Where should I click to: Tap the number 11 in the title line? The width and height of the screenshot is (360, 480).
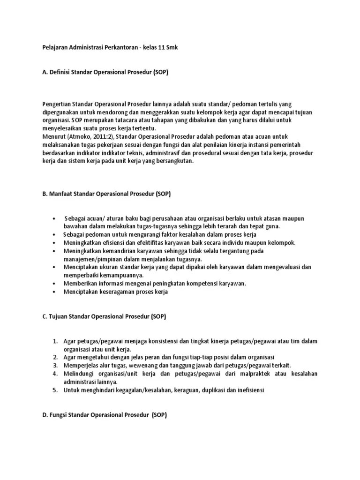tap(160, 48)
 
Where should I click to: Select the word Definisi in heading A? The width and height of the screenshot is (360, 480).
tap(61, 73)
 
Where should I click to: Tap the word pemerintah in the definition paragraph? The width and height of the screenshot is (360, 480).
tap(294, 145)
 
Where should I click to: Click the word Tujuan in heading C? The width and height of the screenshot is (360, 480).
tap(60, 316)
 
